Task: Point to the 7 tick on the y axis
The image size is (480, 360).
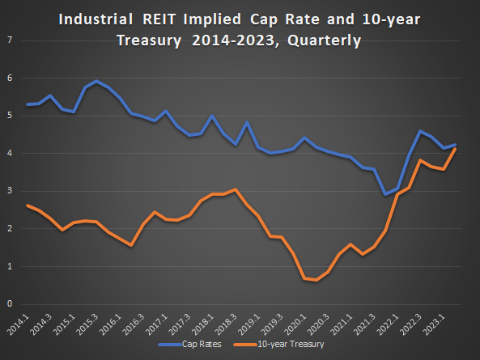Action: click(9, 40)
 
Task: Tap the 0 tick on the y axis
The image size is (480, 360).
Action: click(9, 304)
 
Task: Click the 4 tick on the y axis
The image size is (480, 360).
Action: click(9, 154)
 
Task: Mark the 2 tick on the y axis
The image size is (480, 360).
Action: click(9, 229)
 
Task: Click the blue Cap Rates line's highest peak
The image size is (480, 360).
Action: click(97, 81)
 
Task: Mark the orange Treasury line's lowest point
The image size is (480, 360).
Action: click(316, 280)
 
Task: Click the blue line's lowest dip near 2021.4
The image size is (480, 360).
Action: click(385, 194)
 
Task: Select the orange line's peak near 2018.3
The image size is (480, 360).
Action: click(235, 189)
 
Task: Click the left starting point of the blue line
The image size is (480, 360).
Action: click(28, 104)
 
